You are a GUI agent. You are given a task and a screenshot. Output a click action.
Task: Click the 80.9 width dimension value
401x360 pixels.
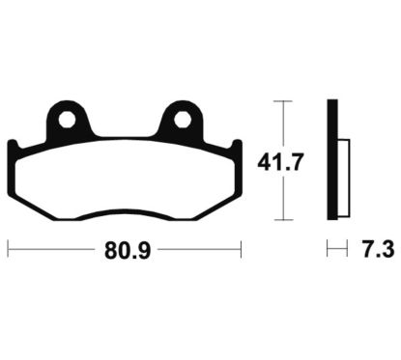pyautogui.click(x=128, y=250)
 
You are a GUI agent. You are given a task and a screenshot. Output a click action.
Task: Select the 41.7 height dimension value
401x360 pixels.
pyautogui.click(x=280, y=162)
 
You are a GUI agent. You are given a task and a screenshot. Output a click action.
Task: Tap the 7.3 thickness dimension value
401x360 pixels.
pyautogui.click(x=379, y=250)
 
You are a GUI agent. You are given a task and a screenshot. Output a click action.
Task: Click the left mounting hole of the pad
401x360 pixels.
pyautogui.click(x=67, y=120)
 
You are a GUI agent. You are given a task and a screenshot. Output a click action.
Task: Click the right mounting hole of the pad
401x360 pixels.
pyautogui.click(x=183, y=120)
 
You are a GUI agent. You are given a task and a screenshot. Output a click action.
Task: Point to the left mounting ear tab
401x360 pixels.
pyautogui.click(x=68, y=121)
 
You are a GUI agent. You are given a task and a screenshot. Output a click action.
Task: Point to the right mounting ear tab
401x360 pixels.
pyautogui.click(x=181, y=121)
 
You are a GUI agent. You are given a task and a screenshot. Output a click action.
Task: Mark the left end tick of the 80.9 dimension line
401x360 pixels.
pyautogui.click(x=8, y=249)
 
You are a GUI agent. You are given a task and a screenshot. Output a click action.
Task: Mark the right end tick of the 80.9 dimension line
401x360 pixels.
pyautogui.click(x=241, y=249)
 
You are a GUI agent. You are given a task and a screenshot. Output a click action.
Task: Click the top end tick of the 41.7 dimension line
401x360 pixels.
pyautogui.click(x=283, y=101)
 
